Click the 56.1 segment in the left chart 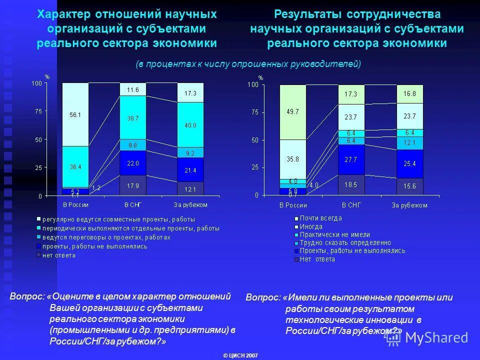click(x=75, y=114)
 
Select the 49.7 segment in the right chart click(x=293, y=112)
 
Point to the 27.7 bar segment click(x=351, y=159)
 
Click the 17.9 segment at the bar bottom click(x=132, y=186)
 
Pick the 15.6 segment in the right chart click(x=410, y=186)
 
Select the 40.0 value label click(x=190, y=125)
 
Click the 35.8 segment click(x=293, y=159)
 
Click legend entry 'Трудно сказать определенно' click(x=345, y=242)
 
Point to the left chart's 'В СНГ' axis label click(x=132, y=204)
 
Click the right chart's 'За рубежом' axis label click(x=409, y=205)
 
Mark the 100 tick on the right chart click(x=252, y=85)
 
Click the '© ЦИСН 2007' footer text click(x=240, y=355)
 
